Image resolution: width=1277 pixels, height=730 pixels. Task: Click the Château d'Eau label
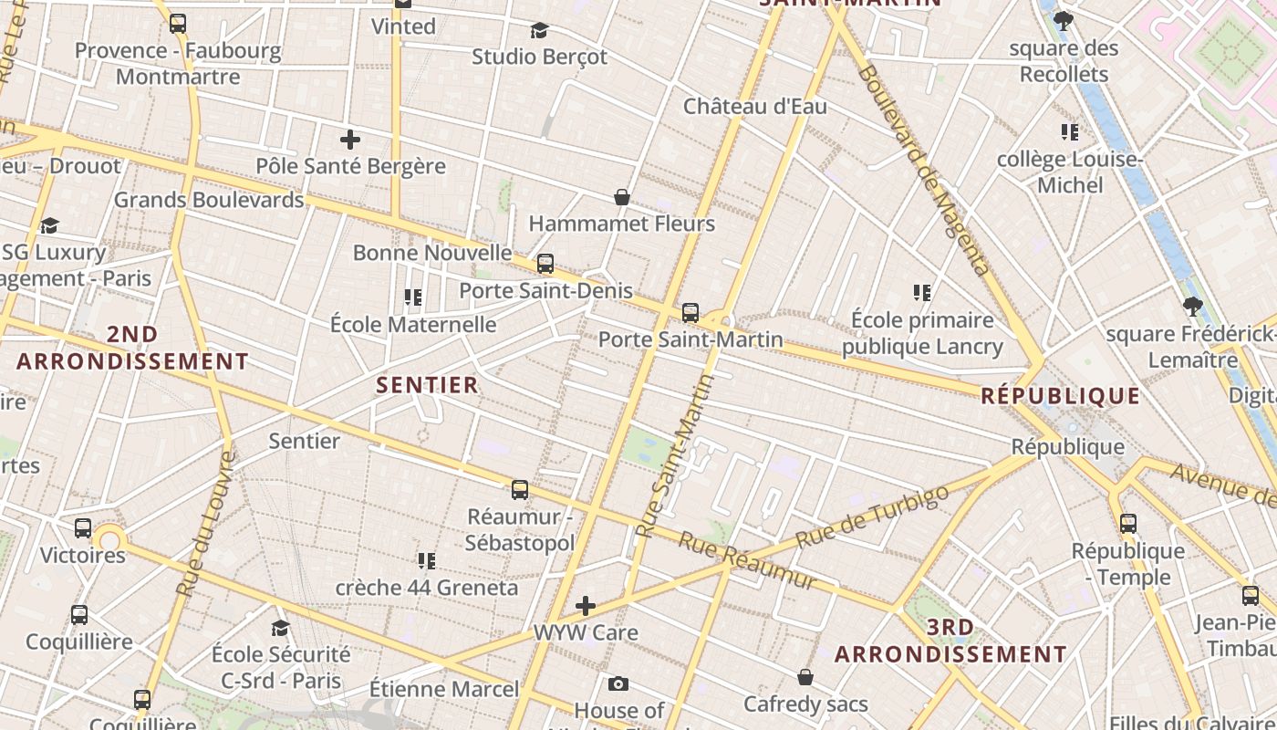(x=755, y=107)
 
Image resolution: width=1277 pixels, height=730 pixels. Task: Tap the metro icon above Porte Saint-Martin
(x=690, y=313)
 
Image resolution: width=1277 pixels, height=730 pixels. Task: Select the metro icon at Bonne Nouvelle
(x=545, y=264)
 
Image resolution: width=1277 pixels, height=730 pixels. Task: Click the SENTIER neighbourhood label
(x=428, y=385)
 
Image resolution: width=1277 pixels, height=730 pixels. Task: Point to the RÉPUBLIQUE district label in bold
(x=1060, y=396)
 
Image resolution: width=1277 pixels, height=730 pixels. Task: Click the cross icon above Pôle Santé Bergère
(x=350, y=140)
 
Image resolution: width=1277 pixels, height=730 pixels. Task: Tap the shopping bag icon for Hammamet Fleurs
(x=622, y=197)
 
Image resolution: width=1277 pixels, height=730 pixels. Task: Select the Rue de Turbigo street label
(x=872, y=516)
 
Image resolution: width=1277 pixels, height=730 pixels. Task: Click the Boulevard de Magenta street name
(x=923, y=169)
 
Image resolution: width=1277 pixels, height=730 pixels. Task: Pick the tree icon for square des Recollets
(x=1063, y=20)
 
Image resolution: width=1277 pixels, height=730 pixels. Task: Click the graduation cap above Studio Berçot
(x=539, y=30)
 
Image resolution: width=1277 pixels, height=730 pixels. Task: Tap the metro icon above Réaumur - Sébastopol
(x=520, y=490)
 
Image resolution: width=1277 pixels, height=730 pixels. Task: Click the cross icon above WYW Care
(x=586, y=606)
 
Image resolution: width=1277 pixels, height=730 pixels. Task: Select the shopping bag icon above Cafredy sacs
(x=805, y=677)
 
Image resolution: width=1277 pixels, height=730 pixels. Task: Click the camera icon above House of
(x=618, y=683)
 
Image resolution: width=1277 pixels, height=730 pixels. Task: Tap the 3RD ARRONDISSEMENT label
(x=950, y=641)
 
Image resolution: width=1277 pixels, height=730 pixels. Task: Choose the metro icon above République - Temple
(x=1128, y=524)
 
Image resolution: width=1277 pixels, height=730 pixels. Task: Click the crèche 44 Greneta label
(x=427, y=588)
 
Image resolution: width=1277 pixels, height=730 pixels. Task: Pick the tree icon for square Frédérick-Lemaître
(x=1191, y=307)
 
